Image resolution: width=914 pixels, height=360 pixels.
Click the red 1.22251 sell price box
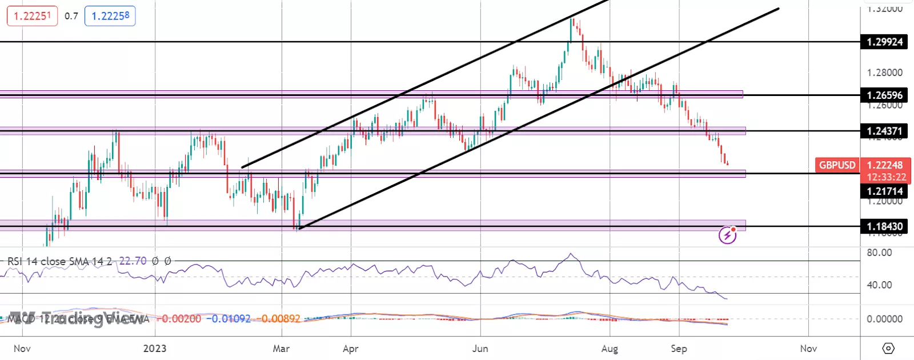coord(32,16)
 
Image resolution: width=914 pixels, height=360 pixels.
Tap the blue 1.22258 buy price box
coord(110,16)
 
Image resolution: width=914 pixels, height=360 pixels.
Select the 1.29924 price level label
coord(884,42)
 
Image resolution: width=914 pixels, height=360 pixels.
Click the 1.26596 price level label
coord(884,95)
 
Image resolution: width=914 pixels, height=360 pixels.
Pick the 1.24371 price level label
coord(884,131)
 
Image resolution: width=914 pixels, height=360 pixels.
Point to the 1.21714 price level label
coord(884,191)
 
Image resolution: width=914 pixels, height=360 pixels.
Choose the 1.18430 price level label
coord(884,227)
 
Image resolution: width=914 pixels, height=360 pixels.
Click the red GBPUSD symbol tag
coord(837,165)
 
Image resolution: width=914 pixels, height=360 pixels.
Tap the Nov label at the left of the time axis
coord(22,349)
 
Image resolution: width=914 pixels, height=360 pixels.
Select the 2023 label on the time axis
coord(155,349)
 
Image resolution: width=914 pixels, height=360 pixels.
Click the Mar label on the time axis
coord(281,349)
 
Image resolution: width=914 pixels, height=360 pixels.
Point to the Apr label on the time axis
coord(350,349)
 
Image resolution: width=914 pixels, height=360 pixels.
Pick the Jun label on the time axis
coord(480,349)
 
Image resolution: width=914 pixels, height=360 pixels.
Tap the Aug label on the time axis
coord(610,349)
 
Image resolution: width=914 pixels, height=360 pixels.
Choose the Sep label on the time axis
coord(679,349)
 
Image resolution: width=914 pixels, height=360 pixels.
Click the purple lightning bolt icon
coord(727,235)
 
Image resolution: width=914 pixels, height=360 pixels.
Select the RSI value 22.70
coord(133,261)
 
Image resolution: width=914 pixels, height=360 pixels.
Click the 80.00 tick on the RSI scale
coord(879,253)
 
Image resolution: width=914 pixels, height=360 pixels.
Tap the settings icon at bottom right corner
coord(888,348)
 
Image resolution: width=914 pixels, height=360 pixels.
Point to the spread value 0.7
coord(71,16)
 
